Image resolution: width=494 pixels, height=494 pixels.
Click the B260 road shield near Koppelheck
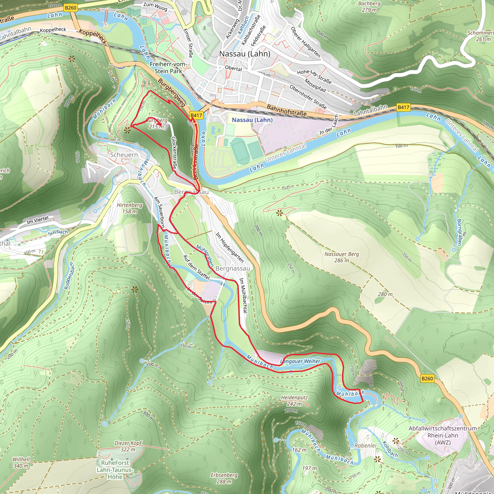coord(71,8)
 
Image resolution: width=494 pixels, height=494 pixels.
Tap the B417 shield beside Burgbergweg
coord(196,115)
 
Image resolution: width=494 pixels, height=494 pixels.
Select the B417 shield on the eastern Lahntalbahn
coord(403,107)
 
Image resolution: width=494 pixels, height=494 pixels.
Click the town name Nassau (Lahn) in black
coord(245,54)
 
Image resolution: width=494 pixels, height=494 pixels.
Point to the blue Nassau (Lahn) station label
coord(252,120)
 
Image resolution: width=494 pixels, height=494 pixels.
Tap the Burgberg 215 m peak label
coord(157,123)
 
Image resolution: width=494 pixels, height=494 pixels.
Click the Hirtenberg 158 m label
coord(129,208)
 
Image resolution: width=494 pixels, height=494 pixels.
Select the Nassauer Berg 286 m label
coord(342,257)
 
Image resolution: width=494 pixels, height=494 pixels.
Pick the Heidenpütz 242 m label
coord(294,401)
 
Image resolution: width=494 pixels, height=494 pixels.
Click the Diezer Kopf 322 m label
coord(128,446)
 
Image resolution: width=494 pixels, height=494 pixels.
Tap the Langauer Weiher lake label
coord(300,361)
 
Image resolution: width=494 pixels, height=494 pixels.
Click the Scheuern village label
coord(124,155)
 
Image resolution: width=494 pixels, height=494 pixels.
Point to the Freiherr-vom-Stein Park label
coord(168,68)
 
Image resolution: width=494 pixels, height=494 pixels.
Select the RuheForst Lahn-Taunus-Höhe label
coord(115,470)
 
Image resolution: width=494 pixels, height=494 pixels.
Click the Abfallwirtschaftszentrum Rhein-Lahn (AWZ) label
coord(443,435)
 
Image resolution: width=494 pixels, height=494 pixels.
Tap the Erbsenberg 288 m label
coord(224,478)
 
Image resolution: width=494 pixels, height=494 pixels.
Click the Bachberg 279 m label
coord(369,7)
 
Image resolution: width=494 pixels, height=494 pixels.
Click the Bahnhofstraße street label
coord(286,110)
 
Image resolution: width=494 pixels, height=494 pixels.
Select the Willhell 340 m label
coord(21,462)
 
